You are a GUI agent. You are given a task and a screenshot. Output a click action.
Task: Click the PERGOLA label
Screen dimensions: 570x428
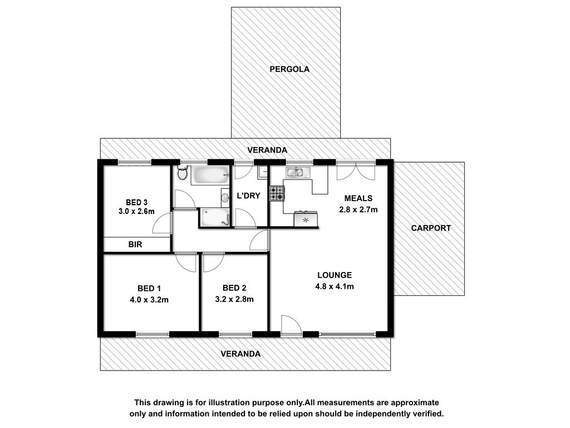coord(289,69)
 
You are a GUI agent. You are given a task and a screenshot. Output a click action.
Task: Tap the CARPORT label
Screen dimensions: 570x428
coord(431,228)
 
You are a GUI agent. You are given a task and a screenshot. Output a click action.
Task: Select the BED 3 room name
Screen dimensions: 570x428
coord(137,202)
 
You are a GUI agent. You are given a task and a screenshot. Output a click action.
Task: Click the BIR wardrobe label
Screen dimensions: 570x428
coord(135,245)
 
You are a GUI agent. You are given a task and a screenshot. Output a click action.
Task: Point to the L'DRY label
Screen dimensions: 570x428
coord(249,196)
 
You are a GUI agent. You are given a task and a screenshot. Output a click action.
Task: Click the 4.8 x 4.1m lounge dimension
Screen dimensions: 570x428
coord(335,286)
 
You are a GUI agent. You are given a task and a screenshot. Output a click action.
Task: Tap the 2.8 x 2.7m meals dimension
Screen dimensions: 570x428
coord(358,210)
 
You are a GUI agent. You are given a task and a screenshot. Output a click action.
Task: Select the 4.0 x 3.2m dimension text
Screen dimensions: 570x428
coord(149,300)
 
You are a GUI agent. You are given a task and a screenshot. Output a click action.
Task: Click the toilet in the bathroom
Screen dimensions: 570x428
coord(182,173)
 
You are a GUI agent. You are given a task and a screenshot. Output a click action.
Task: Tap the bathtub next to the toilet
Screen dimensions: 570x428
coord(211,175)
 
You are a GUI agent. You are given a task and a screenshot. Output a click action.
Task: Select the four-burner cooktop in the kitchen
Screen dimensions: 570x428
coord(277,193)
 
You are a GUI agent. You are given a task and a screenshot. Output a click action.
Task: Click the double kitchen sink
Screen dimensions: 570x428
coord(298,172)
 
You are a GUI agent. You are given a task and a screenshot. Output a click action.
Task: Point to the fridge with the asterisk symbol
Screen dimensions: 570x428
coord(306,220)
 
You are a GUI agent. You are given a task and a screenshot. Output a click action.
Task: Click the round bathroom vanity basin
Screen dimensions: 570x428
coord(225,198)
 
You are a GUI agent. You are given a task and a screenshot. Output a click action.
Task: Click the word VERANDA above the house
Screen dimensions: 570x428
coord(267,150)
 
